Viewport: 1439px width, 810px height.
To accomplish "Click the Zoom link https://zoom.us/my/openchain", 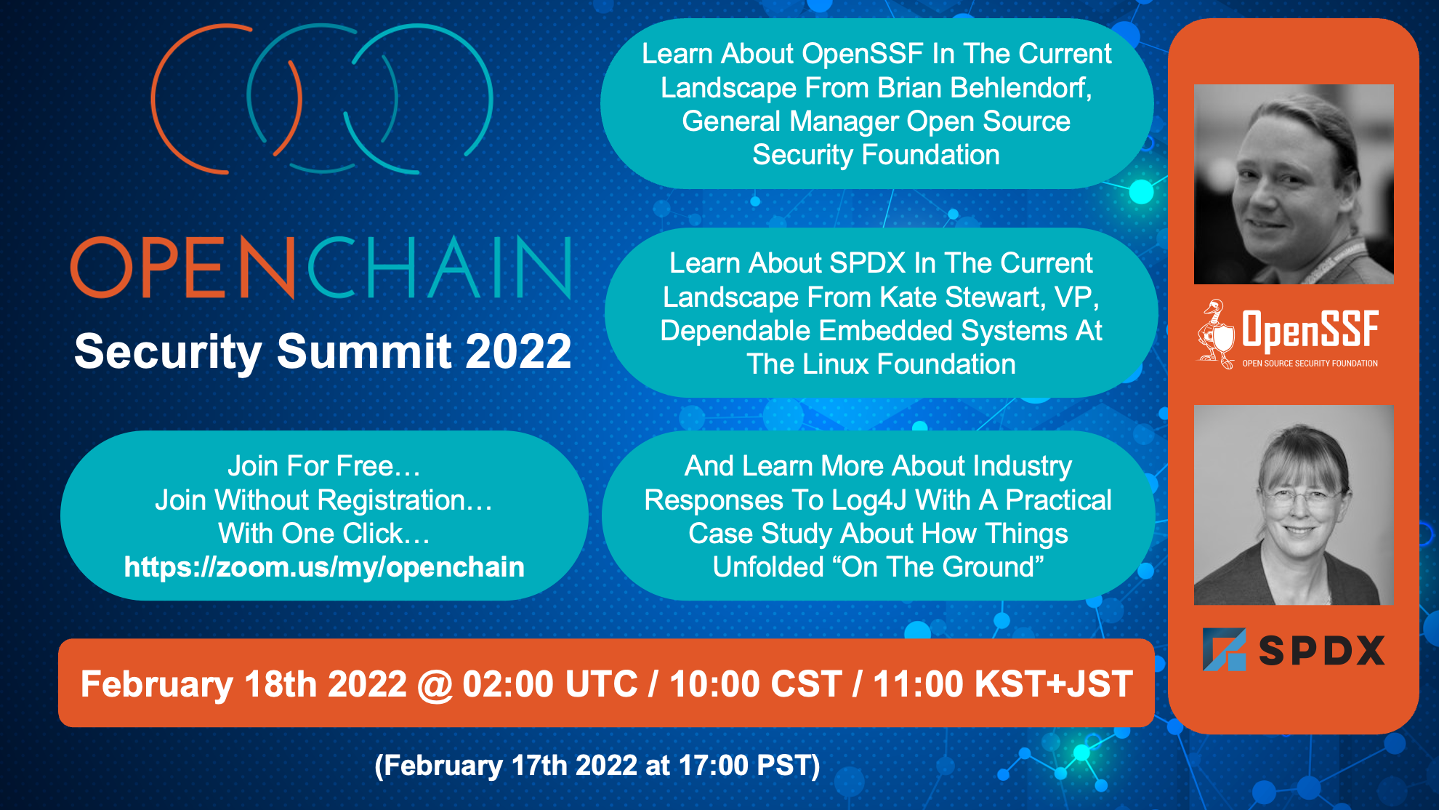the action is click(x=324, y=567).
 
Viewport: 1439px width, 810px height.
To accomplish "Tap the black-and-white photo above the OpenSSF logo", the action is click(x=1294, y=184).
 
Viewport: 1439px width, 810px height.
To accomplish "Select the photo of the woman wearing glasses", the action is click(x=1294, y=505).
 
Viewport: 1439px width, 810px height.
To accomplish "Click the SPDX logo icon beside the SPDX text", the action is click(x=1225, y=649).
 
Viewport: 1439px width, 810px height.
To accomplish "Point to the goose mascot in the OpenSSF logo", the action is click(x=1215, y=334).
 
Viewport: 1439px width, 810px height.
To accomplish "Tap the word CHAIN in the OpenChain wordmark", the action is click(x=440, y=267).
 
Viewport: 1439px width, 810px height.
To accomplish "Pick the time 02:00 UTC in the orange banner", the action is click(x=550, y=684).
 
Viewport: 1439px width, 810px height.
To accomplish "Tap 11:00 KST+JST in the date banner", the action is click(x=1003, y=684).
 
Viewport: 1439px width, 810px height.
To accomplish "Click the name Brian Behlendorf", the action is click(x=985, y=88).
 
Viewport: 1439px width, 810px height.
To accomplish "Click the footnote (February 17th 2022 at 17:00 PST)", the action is click(x=597, y=766).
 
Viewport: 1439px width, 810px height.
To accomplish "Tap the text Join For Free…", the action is click(x=324, y=466).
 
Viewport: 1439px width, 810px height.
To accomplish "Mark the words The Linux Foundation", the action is click(x=881, y=364).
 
